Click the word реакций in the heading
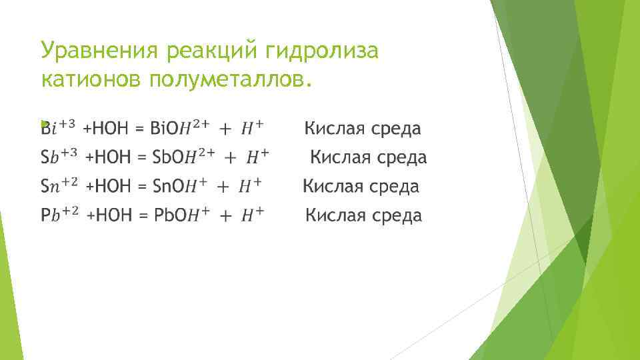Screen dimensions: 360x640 [207, 50]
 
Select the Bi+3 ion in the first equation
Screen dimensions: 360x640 [59, 127]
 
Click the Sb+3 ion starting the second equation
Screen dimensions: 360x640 [59, 157]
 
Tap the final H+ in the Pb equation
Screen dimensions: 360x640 [251, 215]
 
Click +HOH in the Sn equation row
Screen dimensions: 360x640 [109, 187]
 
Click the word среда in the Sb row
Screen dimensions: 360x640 [399, 157]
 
